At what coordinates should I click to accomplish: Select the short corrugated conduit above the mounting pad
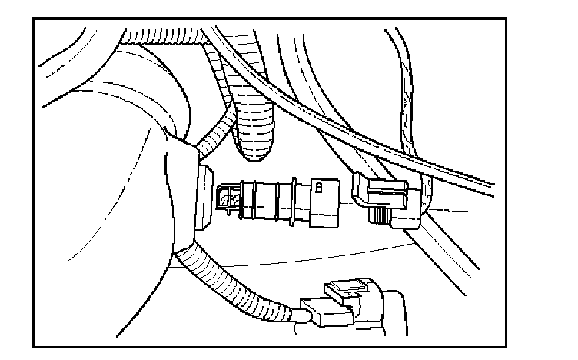219,127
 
